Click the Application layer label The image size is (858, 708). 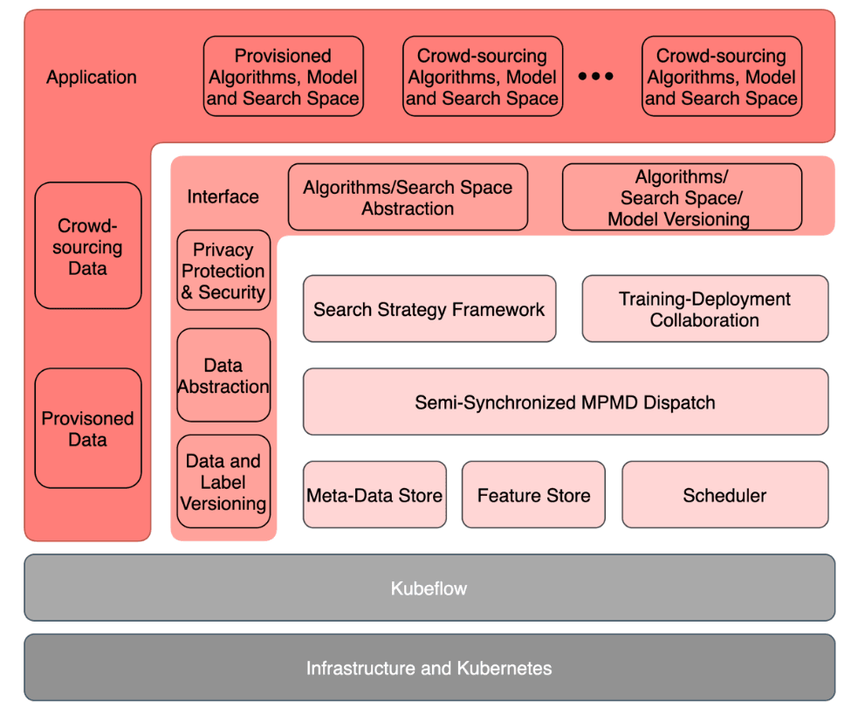coord(92,78)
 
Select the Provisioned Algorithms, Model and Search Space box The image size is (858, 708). coord(284,77)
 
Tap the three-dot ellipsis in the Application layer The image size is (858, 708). coord(596,77)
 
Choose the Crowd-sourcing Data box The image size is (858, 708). coord(87,247)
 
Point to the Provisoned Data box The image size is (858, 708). coord(87,429)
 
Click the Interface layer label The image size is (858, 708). coord(223,197)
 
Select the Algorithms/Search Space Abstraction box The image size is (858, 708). coord(408,197)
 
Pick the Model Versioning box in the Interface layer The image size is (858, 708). coord(682,198)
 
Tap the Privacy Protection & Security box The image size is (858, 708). coord(223,272)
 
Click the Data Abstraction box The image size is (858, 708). coord(223,375)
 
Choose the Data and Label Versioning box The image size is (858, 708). coord(223,482)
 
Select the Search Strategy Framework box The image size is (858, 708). coord(429,309)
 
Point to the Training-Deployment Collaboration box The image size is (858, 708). coord(704,309)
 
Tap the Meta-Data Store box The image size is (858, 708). coord(374,496)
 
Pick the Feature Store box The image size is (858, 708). coord(533,496)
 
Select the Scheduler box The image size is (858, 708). coord(724,496)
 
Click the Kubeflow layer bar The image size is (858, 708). coord(429,588)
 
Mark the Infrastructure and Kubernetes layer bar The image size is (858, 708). coord(429,669)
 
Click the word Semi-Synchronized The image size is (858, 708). coord(495,403)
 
